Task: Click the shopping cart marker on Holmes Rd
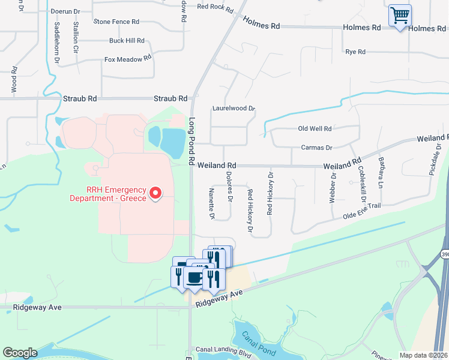click(x=400, y=15)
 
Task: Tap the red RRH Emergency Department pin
click(x=155, y=193)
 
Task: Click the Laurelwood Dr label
click(x=234, y=109)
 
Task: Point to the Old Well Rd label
click(x=315, y=128)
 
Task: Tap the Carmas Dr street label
click(x=316, y=147)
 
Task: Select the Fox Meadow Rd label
click(x=128, y=59)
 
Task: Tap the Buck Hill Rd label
click(x=127, y=41)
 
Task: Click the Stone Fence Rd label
click(x=116, y=22)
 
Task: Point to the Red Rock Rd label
click(x=214, y=7)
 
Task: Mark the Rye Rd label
click(x=355, y=52)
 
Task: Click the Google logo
click(x=20, y=353)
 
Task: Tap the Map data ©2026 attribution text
click(x=423, y=355)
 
